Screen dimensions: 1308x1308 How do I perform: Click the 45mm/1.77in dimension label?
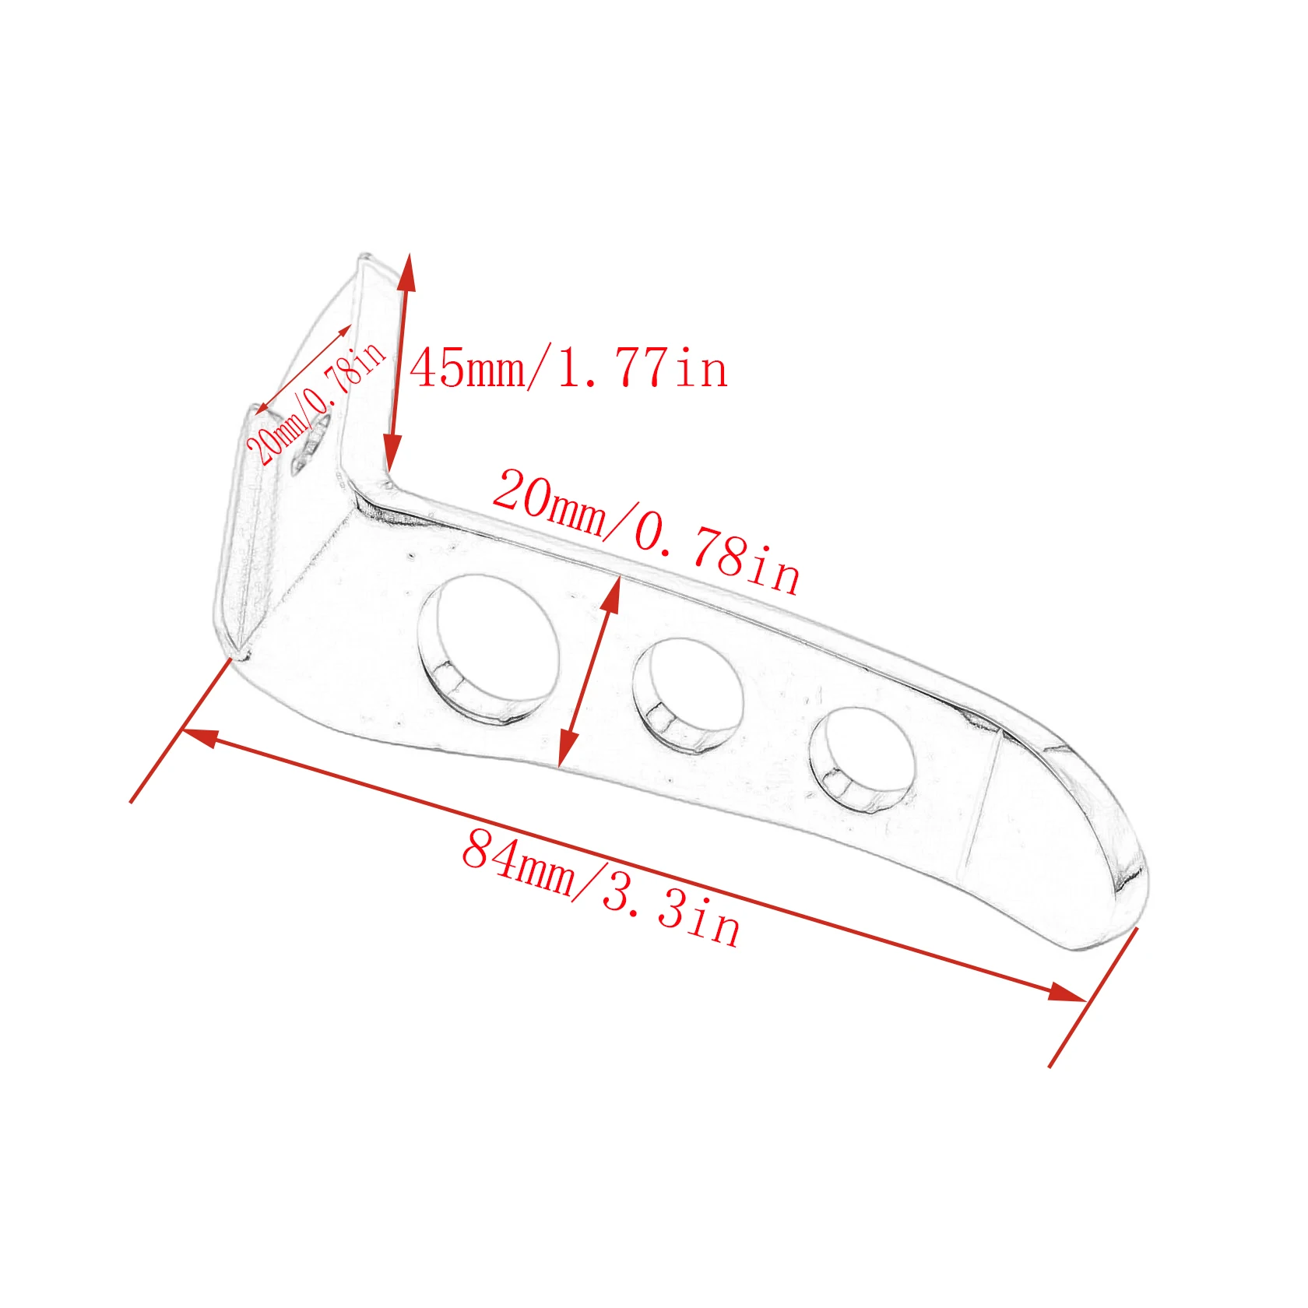pos(568,368)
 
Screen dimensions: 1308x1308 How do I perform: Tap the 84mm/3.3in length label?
pos(601,888)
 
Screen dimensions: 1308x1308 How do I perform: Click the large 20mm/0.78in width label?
pos(645,533)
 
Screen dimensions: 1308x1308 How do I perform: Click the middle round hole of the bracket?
pos(687,695)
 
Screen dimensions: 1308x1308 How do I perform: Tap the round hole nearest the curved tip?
pos(861,760)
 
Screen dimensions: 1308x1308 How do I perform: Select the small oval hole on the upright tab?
pos(311,445)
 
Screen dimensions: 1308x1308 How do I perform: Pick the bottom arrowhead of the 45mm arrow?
pos(392,453)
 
